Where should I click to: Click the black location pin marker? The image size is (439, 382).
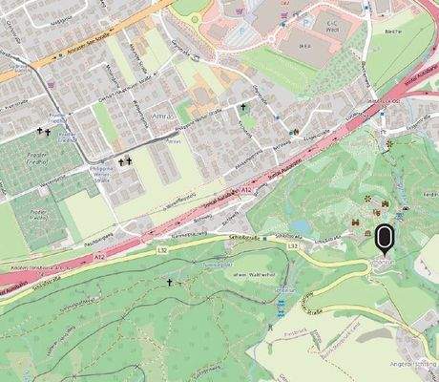(385, 235)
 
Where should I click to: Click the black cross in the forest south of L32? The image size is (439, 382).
(170, 283)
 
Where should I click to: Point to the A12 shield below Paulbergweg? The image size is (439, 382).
(101, 256)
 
